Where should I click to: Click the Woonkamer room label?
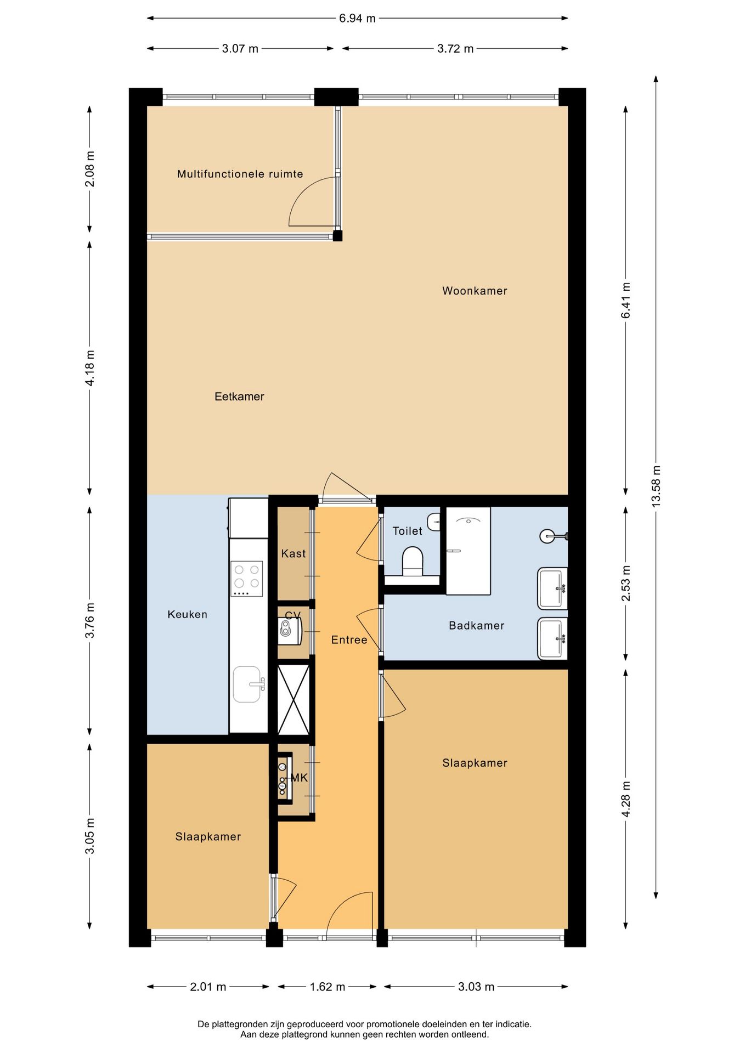pyautogui.click(x=475, y=291)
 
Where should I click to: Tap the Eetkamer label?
pyautogui.click(x=239, y=397)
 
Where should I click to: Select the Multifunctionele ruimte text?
pyautogui.click(x=240, y=174)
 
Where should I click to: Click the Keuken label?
pyautogui.click(x=187, y=614)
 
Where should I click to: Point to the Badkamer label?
pyautogui.click(x=476, y=625)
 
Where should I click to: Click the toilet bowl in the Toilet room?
pyautogui.click(x=413, y=561)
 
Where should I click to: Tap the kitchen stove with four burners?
pyautogui.click(x=247, y=579)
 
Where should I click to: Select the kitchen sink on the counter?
pyautogui.click(x=248, y=684)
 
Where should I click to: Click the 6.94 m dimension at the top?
pyautogui.click(x=357, y=18)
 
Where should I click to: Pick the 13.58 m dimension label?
pyautogui.click(x=656, y=486)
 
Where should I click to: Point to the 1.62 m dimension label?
pyautogui.click(x=328, y=987)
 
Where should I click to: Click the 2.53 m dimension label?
pyautogui.click(x=626, y=583)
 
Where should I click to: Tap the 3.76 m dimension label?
pyautogui.click(x=90, y=620)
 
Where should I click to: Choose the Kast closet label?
pyautogui.click(x=294, y=553)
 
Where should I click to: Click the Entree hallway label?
pyautogui.click(x=349, y=639)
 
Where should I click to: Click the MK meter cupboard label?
pyautogui.click(x=299, y=778)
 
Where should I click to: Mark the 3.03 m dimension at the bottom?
pyautogui.click(x=476, y=987)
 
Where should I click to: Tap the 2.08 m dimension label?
pyautogui.click(x=90, y=169)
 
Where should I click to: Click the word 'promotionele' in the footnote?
pyautogui.click(x=392, y=1024)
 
